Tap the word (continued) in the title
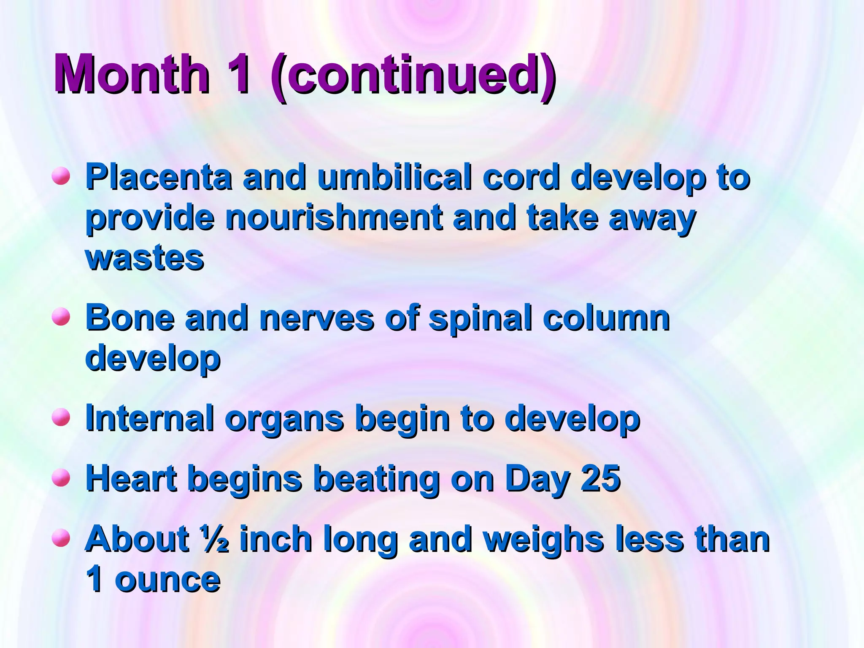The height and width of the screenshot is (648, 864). (x=413, y=76)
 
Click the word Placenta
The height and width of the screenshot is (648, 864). (x=159, y=177)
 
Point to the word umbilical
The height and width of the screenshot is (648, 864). (x=394, y=177)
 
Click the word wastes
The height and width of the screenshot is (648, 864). (x=145, y=258)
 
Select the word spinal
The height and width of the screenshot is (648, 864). (x=480, y=319)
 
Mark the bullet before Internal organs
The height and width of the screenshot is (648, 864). (x=61, y=417)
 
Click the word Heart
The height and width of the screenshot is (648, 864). (x=131, y=478)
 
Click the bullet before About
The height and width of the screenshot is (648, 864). (x=61, y=538)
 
